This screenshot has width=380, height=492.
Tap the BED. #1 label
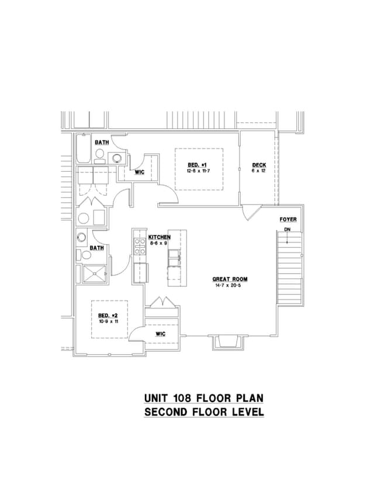tap(198, 164)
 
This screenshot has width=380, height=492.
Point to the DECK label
tap(259, 165)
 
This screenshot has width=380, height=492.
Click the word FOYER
tap(288, 220)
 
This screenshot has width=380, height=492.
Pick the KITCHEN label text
tap(159, 237)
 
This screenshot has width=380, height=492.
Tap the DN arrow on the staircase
tap(288, 233)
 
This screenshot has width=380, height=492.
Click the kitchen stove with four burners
tap(140, 245)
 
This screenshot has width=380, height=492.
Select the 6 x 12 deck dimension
tap(259, 171)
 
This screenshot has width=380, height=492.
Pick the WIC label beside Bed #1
tap(140, 172)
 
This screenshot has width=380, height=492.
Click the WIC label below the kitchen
tap(160, 333)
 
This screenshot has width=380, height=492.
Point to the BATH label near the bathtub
tap(102, 143)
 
